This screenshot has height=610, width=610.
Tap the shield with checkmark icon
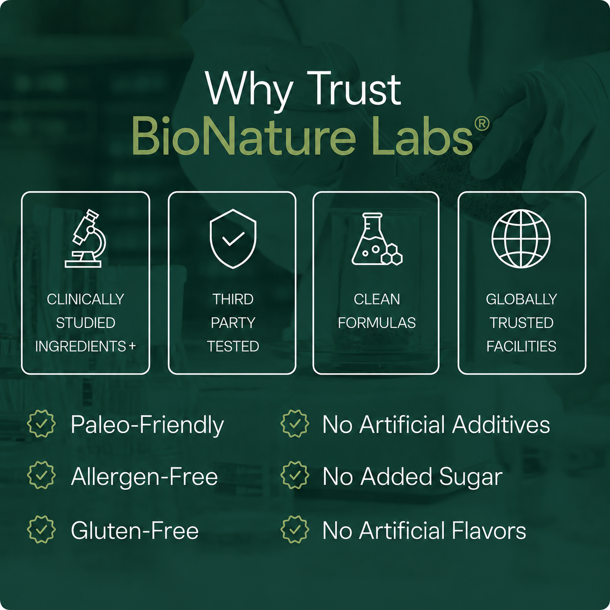click(233, 238)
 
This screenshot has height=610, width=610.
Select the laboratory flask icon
click(377, 239)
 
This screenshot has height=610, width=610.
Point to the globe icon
click(521, 239)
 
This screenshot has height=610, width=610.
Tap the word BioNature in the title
click(244, 136)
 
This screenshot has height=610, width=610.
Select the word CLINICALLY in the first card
click(86, 299)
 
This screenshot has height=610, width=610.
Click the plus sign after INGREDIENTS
click(132, 346)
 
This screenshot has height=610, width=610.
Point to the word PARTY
click(233, 323)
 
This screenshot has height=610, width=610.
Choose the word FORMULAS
click(377, 323)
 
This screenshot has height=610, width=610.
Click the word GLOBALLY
click(521, 299)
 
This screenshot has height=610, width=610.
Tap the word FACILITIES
click(521, 346)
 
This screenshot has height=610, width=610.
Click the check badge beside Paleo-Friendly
click(41, 424)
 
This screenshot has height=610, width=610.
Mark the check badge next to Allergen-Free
click(41, 475)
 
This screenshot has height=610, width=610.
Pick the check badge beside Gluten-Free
click(41, 530)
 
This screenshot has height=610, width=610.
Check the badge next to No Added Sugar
click(295, 475)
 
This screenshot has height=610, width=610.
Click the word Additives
click(501, 424)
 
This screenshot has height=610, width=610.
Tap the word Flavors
click(489, 531)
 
